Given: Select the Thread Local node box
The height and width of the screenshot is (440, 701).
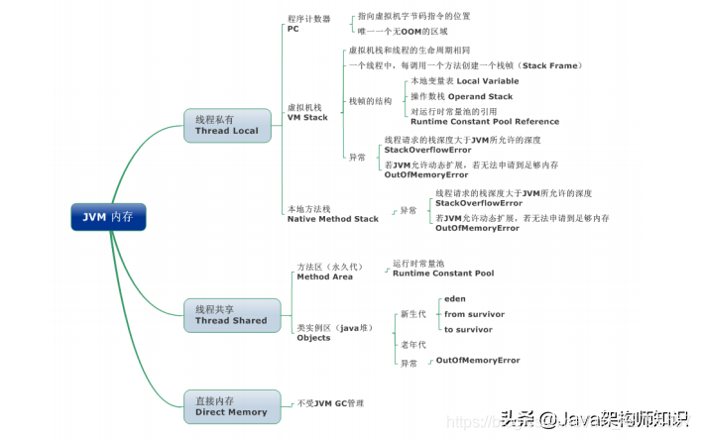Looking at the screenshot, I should click(x=226, y=125).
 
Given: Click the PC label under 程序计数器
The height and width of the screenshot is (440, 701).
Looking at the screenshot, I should click(x=293, y=29).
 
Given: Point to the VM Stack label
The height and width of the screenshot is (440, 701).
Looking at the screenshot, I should click(x=307, y=117).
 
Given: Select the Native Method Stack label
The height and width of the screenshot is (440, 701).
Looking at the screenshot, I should click(x=333, y=218).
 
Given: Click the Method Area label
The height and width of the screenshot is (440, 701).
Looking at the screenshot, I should click(x=325, y=276).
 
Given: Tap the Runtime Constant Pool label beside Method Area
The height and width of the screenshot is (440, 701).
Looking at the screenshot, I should click(x=443, y=273).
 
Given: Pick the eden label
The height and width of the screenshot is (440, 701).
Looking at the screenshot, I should click(x=455, y=297).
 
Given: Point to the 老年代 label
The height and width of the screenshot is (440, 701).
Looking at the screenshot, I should click(x=413, y=344).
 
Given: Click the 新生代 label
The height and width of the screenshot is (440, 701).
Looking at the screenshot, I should click(x=413, y=313).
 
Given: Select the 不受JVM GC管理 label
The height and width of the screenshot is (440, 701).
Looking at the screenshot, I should click(x=331, y=403).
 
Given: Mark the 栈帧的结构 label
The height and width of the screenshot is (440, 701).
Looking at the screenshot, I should click(x=371, y=101).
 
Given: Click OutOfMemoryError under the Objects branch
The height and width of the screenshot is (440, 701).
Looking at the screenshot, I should click(x=478, y=361).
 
